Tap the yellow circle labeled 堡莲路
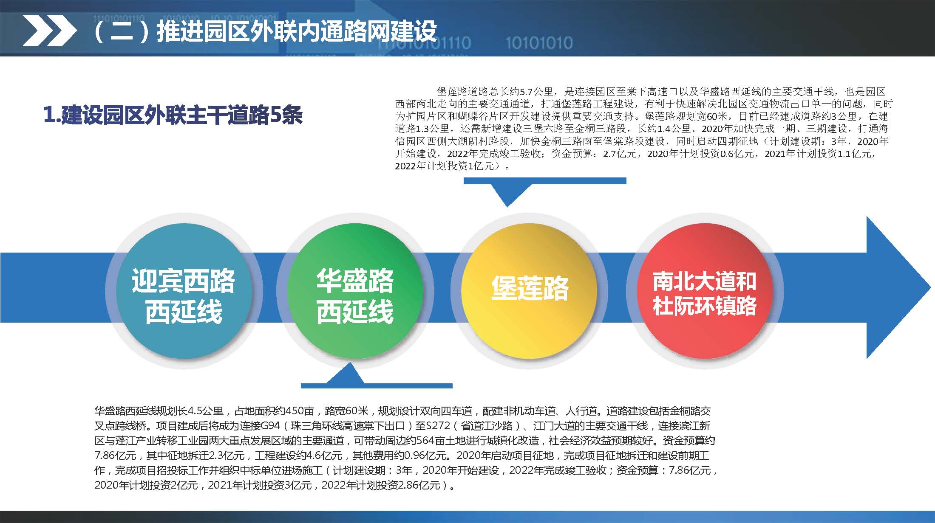pyautogui.click(x=529, y=289)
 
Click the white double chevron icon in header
pyautogui.click(x=49, y=30)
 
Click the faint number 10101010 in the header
pyautogui.click(x=539, y=43)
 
